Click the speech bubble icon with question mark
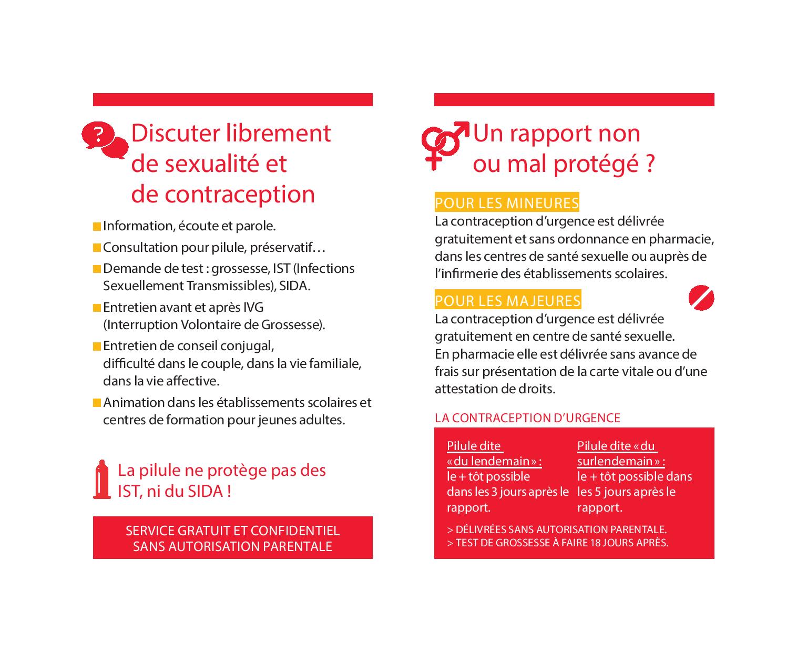point(104,139)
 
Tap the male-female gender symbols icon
point(444,145)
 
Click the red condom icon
point(101,480)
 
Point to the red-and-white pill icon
point(701,299)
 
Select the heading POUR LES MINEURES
point(507,203)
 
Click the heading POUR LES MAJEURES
point(508,301)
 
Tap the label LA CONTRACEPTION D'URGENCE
point(527,418)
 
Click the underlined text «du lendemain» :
point(494,461)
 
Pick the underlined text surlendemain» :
point(620,461)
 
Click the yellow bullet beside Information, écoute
point(97,227)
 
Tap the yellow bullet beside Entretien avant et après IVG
point(97,308)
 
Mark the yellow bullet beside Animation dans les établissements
point(97,403)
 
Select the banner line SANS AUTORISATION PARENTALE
point(232,546)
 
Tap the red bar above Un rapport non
point(574,99)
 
